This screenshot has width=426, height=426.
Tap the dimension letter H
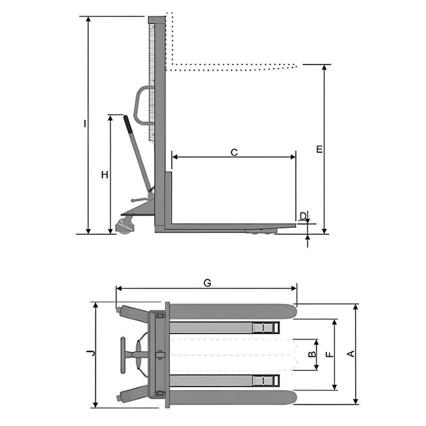pyautogui.click(x=105, y=174)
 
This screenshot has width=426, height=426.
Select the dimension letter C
pyautogui.click(x=234, y=152)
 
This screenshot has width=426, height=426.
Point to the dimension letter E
pyautogui.click(x=319, y=149)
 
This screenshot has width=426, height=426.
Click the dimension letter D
pyautogui.click(x=303, y=216)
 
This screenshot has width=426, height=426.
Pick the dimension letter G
pyautogui.click(x=207, y=283)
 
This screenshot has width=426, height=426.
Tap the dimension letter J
pyautogui.click(x=91, y=353)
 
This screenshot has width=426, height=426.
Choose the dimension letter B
pyautogui.click(x=313, y=354)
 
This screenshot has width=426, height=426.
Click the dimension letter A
pyautogui.click(x=350, y=354)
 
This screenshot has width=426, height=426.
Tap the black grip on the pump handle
pyautogui.click(x=128, y=125)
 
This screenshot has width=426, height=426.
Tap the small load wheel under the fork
pyautogui.click(x=261, y=231)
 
